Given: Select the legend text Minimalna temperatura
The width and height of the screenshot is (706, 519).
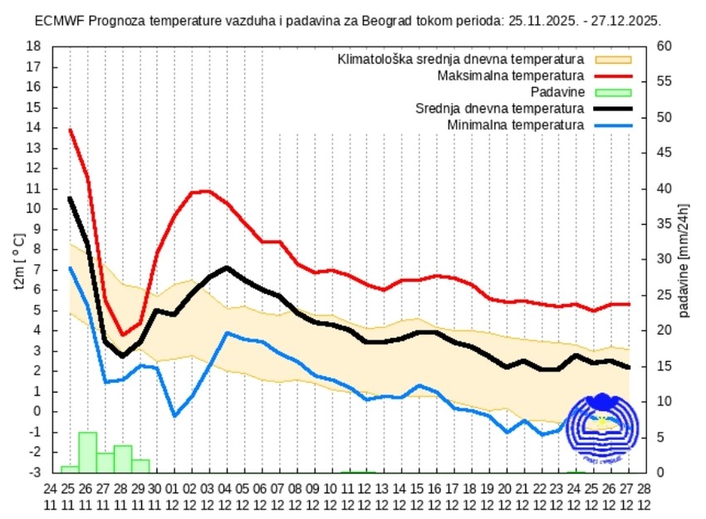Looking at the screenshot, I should coord(515,125).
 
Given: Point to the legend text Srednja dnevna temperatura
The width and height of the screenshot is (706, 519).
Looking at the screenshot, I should coord(500,108).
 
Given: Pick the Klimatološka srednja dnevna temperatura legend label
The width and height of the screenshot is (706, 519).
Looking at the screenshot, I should coord(461,60).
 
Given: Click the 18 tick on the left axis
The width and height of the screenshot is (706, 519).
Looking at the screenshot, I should coord(34,47).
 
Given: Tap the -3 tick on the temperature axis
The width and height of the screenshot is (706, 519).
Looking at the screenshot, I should coord(34,472).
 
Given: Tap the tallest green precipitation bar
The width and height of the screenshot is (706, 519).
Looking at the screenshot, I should coord(87,452).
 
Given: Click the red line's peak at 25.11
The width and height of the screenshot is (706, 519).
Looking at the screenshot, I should coord(70,130).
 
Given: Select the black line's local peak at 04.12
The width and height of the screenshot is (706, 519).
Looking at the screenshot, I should coord(227,267).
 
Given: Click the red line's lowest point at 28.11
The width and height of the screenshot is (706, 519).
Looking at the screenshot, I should coord(122,335).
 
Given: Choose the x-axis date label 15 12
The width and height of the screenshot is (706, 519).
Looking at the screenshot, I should coord(419,496).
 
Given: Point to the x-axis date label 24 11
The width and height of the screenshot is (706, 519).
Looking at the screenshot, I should coord(51,496).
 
